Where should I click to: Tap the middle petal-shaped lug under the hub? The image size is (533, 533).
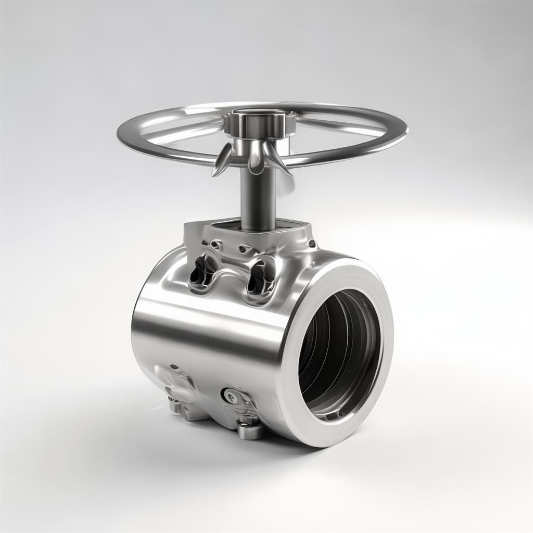255,159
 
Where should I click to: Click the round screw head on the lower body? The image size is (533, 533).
230,397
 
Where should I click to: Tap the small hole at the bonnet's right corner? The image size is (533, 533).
312,243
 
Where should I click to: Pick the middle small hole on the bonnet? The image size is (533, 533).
243,249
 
